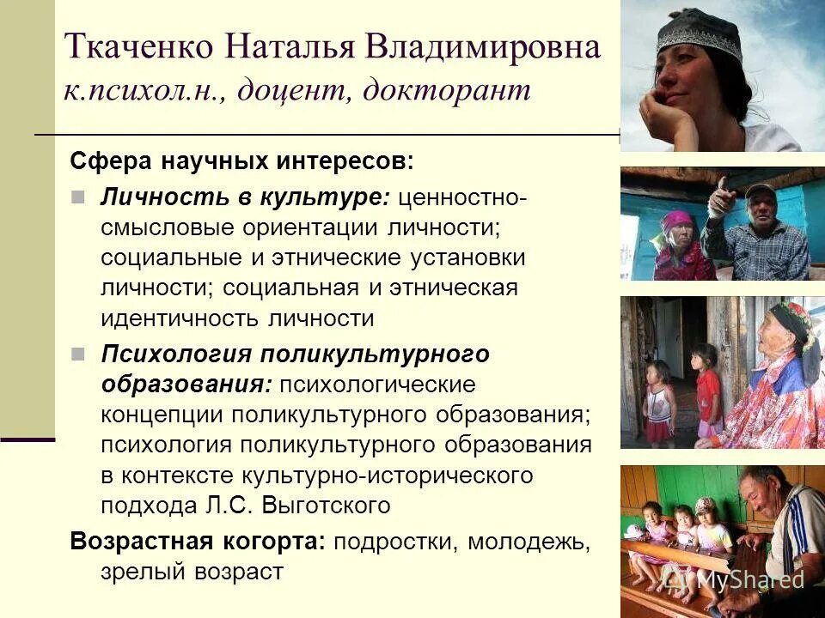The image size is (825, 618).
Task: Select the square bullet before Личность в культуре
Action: coord(78,197)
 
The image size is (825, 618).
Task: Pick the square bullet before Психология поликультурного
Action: coord(78,353)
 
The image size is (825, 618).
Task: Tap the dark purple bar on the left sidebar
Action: coord(27,439)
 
